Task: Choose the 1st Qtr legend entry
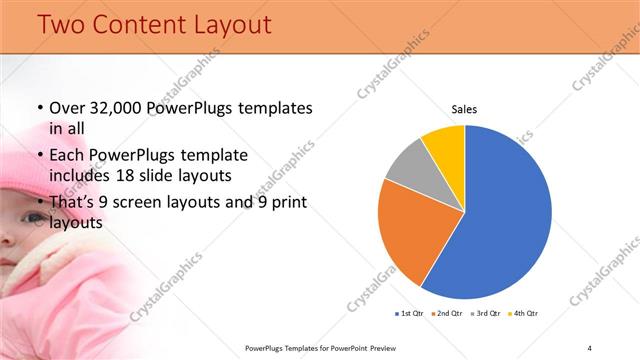tap(410, 314)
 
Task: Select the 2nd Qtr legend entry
tap(445, 314)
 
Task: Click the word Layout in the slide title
tap(229, 24)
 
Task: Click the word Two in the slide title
tap(62, 24)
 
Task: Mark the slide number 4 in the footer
tap(589, 347)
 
